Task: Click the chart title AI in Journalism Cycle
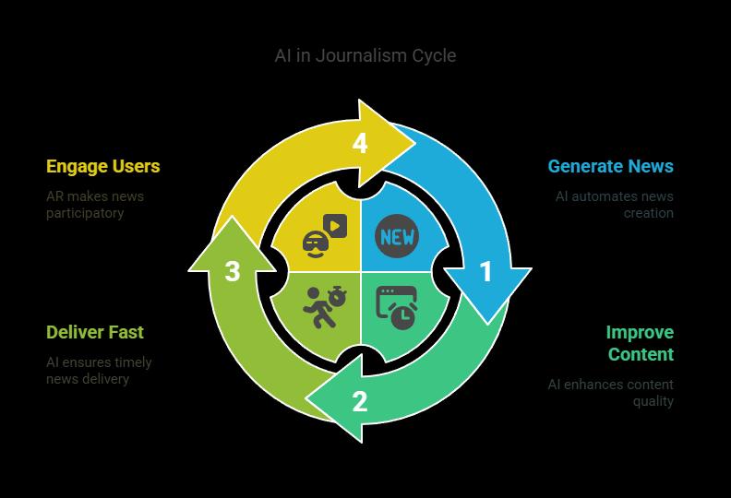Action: pos(365,55)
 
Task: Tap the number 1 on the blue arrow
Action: pos(486,272)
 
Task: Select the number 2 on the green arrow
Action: pos(360,401)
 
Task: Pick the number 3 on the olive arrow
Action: pos(233,271)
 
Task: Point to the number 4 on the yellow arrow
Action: pos(360,144)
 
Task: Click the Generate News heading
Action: pos(610,167)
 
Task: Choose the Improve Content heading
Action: pos(640,343)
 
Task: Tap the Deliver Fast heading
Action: pos(95,332)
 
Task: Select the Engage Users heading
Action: pos(103,167)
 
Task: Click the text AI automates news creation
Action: pos(615,205)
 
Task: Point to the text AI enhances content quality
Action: pos(611,393)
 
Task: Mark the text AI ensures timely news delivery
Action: pos(99,371)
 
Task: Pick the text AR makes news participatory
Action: pos(94,205)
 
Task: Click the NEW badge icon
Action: pos(397,236)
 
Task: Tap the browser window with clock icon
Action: pos(397,307)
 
